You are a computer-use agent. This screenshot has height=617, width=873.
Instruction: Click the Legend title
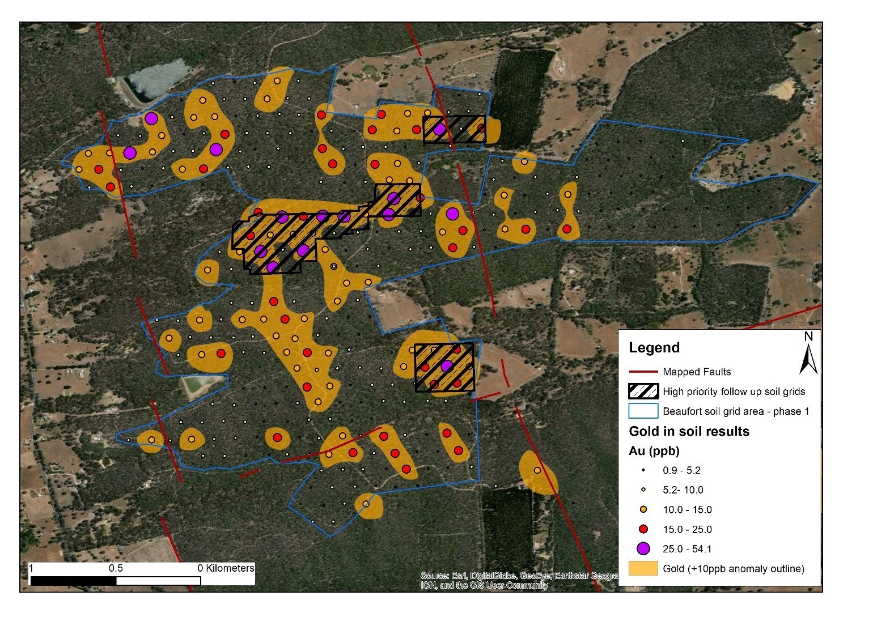tap(654, 348)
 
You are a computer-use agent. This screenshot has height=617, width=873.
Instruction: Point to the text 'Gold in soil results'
tap(689, 431)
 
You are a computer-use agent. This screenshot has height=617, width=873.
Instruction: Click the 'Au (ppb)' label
tap(654, 451)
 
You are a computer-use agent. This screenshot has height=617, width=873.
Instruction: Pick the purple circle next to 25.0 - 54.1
tap(643, 548)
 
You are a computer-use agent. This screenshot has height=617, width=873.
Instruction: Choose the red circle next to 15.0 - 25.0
tap(643, 529)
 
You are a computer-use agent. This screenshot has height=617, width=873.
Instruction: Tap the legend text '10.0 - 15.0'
tap(687, 509)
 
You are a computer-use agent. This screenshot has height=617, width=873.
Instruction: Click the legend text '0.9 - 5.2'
tap(681, 470)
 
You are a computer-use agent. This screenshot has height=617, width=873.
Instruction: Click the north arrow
tap(808, 354)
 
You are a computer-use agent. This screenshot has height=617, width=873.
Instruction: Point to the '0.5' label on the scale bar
tap(116, 568)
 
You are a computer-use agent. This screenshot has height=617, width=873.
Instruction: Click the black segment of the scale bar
tap(73, 581)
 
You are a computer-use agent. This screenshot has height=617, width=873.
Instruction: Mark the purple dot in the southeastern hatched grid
tap(447, 365)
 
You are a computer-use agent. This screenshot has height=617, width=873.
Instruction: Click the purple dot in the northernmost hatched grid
tap(439, 129)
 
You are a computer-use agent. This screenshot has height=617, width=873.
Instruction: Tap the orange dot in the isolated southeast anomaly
tap(537, 470)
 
